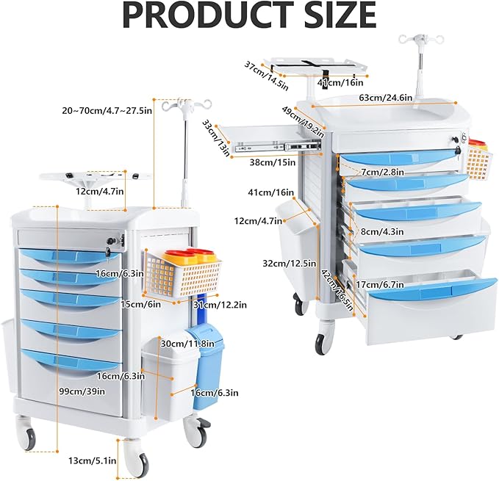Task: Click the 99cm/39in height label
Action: [x=82, y=391]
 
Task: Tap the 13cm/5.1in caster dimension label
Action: [x=93, y=460]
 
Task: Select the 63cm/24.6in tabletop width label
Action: [x=385, y=97]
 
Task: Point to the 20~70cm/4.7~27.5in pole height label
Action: [x=107, y=111]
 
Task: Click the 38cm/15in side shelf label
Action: [x=273, y=162]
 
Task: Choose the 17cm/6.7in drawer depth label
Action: [x=380, y=284]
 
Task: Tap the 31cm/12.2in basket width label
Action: [x=220, y=305]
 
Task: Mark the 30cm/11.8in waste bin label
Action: [x=187, y=344]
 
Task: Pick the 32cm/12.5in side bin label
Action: [x=290, y=263]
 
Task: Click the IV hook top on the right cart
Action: [x=420, y=40]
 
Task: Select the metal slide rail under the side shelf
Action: [x=278, y=147]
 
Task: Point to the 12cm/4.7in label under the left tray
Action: [x=100, y=192]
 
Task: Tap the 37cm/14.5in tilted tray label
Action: [x=266, y=76]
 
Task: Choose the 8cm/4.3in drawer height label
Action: [x=382, y=231]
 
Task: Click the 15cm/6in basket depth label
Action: [x=140, y=304]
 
